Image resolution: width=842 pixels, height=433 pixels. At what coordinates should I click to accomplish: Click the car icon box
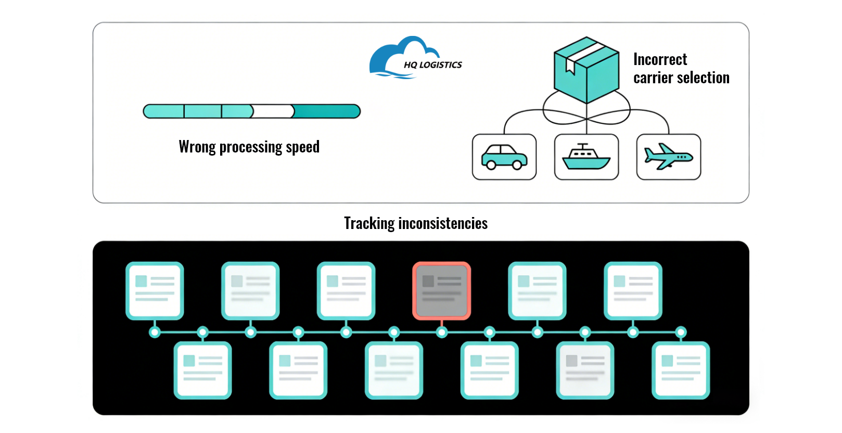click(504, 157)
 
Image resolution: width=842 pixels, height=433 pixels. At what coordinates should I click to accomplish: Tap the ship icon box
click(586, 157)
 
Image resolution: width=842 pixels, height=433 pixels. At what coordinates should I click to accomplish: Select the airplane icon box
click(669, 157)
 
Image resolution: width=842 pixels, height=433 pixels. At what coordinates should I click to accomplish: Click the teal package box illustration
click(586, 70)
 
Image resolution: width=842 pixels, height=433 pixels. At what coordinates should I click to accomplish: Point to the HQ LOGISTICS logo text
click(433, 65)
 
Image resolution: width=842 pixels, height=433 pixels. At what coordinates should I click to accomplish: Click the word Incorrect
click(660, 60)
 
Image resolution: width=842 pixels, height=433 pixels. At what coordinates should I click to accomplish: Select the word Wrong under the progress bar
click(197, 147)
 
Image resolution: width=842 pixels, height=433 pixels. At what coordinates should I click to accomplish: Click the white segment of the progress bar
click(273, 111)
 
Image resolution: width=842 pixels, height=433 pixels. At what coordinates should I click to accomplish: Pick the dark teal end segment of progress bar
click(327, 111)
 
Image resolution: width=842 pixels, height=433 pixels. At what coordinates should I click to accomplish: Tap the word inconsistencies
click(443, 223)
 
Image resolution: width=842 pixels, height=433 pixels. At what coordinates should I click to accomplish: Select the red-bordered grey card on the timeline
click(441, 290)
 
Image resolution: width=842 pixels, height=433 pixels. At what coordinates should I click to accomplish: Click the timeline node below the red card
click(442, 332)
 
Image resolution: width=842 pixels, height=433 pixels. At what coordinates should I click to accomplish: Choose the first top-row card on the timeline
click(155, 290)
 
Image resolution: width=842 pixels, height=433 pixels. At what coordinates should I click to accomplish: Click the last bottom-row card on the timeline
click(681, 370)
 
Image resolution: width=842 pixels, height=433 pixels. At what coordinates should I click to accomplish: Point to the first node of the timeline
click(155, 332)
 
